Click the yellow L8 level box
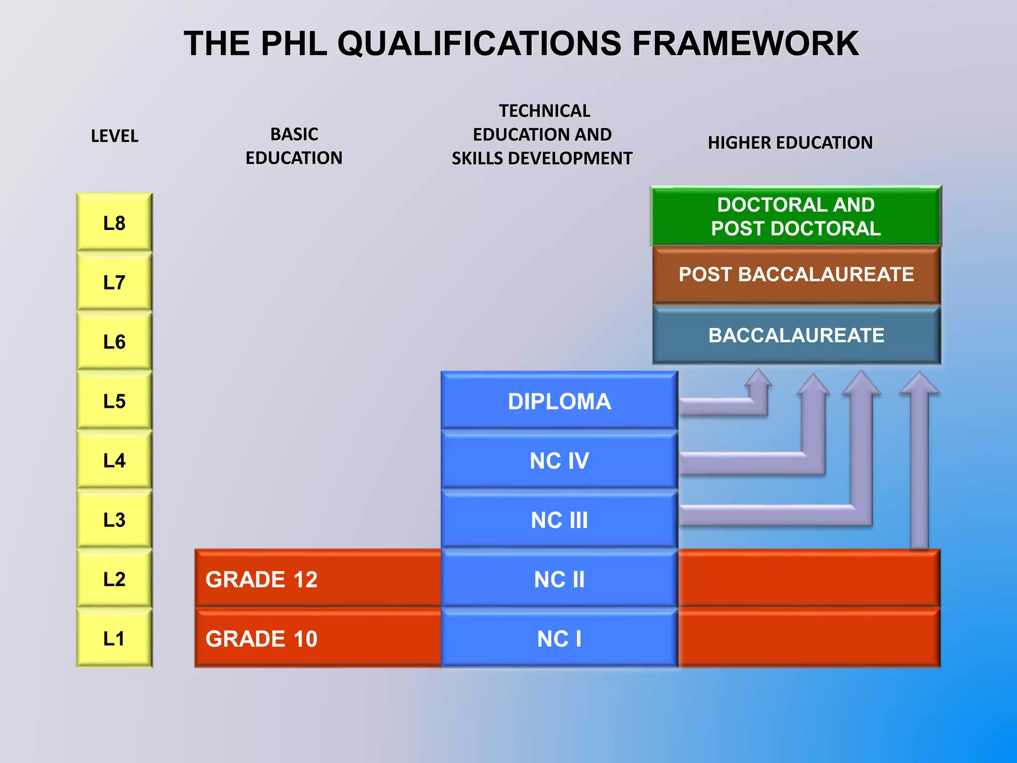[114, 223]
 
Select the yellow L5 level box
[114, 400]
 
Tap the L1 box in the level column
[114, 638]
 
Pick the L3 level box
[114, 519]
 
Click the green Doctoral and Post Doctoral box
[796, 217]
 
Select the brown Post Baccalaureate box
[796, 275]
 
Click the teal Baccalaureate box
[796, 335]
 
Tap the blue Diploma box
[559, 401]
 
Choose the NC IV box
[559, 460]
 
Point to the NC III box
[559, 520]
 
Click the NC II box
[559, 579]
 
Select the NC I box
[559, 638]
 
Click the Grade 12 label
[262, 579]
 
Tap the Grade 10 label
[262, 638]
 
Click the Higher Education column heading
[790, 143]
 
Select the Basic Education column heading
[294, 146]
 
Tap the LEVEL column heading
[114, 136]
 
